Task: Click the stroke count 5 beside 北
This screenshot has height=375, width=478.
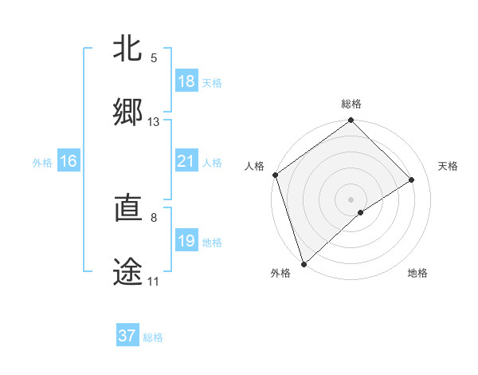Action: coord(154,58)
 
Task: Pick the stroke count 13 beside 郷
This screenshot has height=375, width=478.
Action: coord(154,122)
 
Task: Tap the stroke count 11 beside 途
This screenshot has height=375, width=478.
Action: coord(153,282)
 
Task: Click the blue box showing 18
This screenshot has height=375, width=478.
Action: coord(186,81)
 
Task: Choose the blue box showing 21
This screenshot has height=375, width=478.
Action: coord(186,161)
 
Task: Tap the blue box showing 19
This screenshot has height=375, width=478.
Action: coord(186,241)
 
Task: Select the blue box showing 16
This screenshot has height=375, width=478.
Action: coord(69,161)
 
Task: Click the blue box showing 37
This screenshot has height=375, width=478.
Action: coord(127,336)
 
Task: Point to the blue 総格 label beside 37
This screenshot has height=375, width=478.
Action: coord(154,337)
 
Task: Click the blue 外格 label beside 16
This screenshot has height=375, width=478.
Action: coord(42,163)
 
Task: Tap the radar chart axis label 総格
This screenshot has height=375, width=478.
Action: coord(351,104)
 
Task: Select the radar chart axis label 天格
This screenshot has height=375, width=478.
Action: coord(449,166)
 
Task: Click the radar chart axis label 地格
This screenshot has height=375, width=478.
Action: coord(417,273)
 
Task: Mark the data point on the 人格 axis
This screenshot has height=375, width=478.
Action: coord(275,175)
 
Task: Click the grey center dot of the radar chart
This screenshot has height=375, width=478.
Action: coord(351,199)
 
